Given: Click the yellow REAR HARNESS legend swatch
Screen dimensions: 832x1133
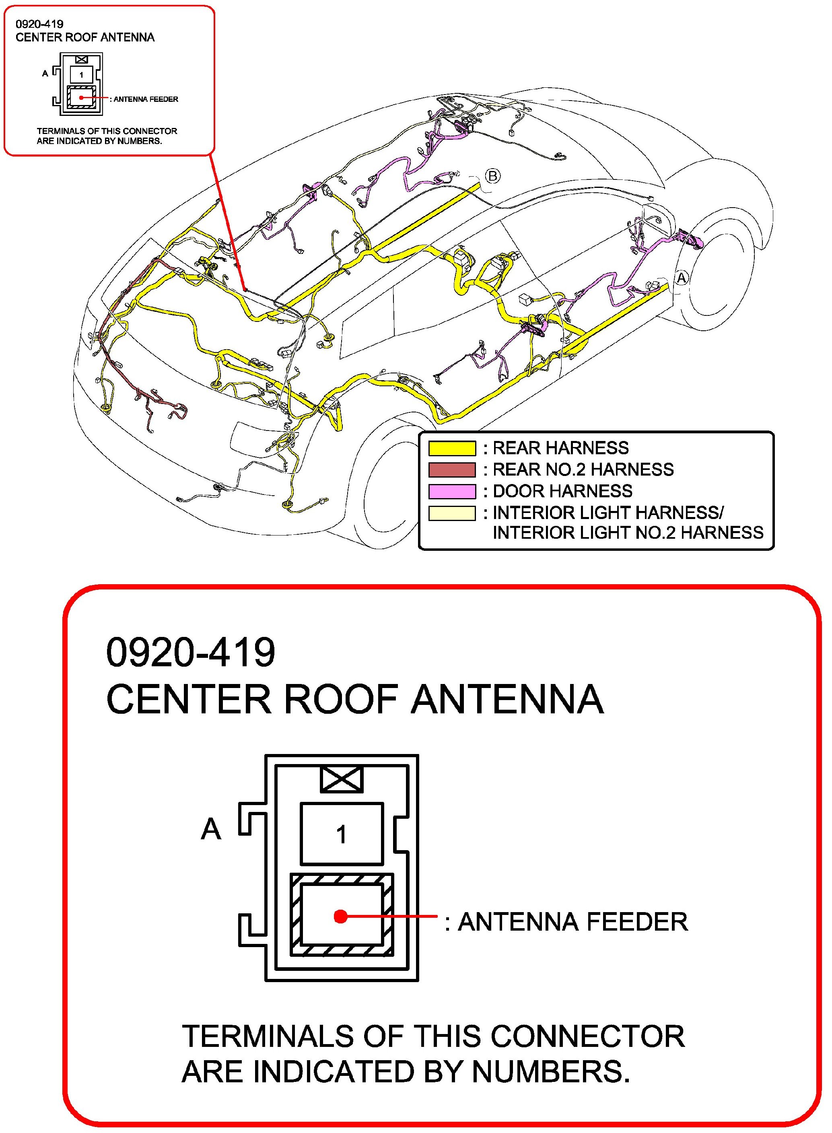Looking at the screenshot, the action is pyautogui.click(x=452, y=448).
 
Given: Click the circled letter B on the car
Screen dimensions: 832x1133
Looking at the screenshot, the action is pyautogui.click(x=492, y=176).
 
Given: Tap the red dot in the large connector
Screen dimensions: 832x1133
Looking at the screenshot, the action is pyautogui.click(x=341, y=916).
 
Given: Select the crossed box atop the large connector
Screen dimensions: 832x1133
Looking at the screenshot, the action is pyautogui.click(x=342, y=779).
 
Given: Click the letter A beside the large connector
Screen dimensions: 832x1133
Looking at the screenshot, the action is pyautogui.click(x=210, y=829).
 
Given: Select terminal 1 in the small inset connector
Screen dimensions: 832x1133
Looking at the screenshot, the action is pyautogui.click(x=81, y=75).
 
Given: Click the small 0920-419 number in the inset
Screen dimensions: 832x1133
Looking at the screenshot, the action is pyautogui.click(x=39, y=24).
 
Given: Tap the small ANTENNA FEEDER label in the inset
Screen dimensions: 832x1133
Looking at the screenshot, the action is pyautogui.click(x=146, y=99).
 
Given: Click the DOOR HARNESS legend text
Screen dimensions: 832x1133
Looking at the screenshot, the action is pyautogui.click(x=562, y=491).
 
